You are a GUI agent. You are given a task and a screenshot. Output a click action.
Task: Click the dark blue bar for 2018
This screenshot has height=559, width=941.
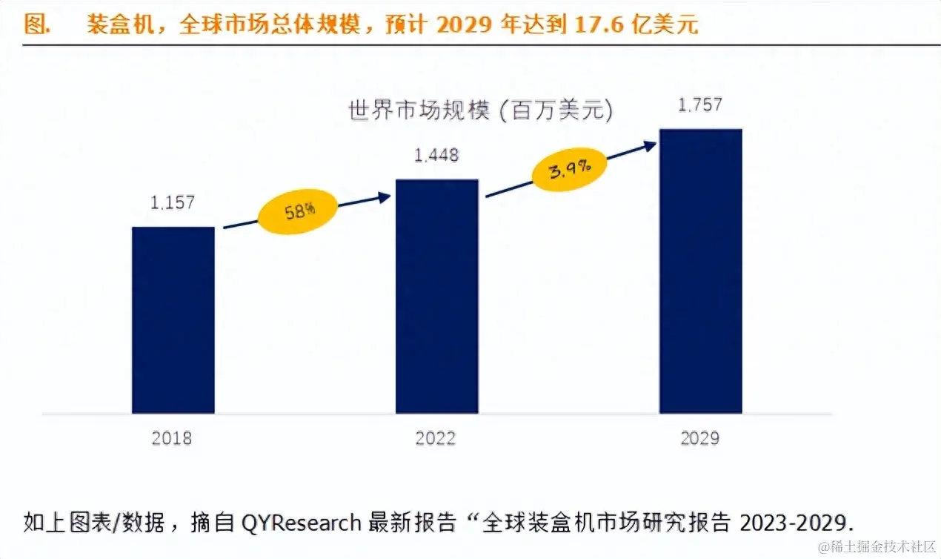click(173, 320)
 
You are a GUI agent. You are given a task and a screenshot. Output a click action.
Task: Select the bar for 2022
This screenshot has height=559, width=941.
click(436, 296)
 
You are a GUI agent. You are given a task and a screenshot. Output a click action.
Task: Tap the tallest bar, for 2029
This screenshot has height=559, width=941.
click(700, 271)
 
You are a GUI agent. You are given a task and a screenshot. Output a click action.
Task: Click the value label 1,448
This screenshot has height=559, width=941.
click(436, 156)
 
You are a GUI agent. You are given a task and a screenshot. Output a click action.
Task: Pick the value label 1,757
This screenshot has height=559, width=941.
click(700, 105)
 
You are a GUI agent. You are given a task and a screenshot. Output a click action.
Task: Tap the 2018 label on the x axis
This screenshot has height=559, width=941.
click(172, 438)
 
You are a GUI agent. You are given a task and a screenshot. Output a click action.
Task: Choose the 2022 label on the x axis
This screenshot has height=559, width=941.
click(436, 438)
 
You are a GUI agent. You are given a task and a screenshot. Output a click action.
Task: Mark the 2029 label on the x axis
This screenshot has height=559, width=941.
click(699, 438)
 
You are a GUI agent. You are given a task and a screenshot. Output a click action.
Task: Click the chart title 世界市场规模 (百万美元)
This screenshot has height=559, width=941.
click(481, 111)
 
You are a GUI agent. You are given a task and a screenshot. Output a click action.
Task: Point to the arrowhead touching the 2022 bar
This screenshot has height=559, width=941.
click(383, 196)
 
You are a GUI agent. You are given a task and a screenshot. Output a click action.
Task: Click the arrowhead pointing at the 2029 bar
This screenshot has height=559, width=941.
click(650, 145)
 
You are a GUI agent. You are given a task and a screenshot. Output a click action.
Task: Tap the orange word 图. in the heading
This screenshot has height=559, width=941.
click(36, 24)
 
